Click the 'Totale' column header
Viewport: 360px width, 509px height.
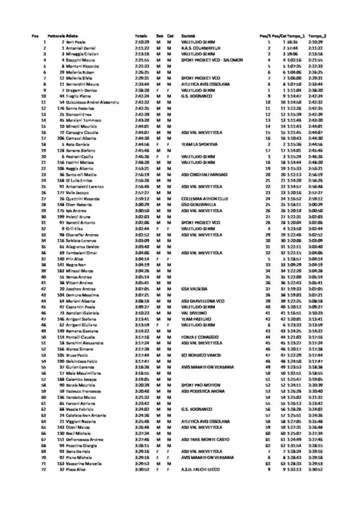(141, 36)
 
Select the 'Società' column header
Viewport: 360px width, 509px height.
(188, 36)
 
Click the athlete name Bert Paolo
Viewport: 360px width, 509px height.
(75, 42)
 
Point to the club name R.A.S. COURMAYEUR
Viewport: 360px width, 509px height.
(201, 48)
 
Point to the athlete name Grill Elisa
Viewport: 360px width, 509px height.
(76, 228)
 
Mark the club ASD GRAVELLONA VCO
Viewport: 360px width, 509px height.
(202, 301)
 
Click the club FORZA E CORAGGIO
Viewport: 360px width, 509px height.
(199, 337)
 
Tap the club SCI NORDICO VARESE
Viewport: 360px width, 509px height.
(201, 355)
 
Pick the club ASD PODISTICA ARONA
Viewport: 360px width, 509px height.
(202, 391)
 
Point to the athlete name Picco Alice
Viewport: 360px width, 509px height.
(76, 469)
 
